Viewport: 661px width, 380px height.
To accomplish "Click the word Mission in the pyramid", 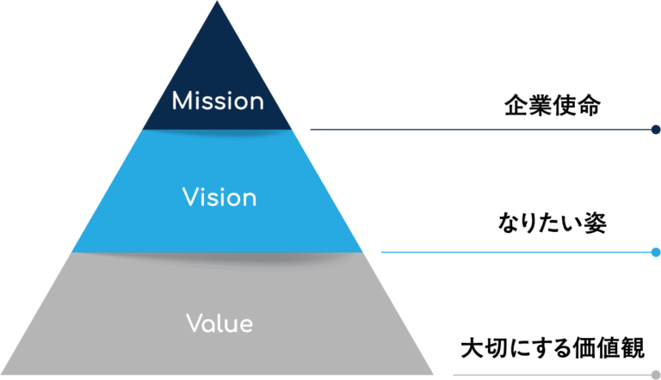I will pyautogui.click(x=218, y=101).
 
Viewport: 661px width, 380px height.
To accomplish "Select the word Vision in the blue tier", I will pyautogui.click(x=219, y=198).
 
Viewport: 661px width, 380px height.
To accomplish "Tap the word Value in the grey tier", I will pyautogui.click(x=219, y=324).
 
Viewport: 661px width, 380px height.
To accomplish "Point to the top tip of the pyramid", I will pyautogui.click(x=218, y=3).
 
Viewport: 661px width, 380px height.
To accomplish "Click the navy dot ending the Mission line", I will pyautogui.click(x=656, y=130).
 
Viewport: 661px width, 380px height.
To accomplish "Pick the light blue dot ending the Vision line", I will pyautogui.click(x=656, y=253).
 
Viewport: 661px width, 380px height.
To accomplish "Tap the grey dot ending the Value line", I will pyautogui.click(x=656, y=376).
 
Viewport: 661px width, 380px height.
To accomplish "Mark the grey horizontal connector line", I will pyautogui.click(x=551, y=376).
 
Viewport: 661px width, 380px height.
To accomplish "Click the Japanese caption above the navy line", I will pyautogui.click(x=552, y=108).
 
